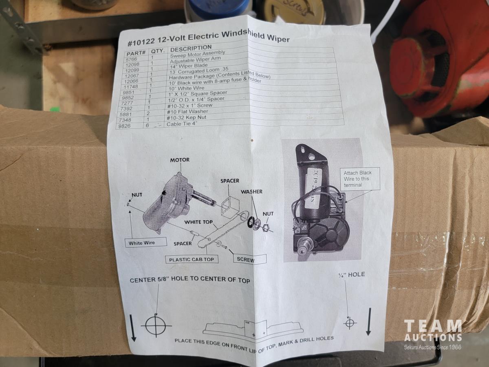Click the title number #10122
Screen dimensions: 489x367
click(x=141, y=42)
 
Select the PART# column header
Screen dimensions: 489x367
click(x=136, y=53)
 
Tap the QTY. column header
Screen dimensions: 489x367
click(x=158, y=51)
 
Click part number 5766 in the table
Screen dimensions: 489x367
click(x=132, y=59)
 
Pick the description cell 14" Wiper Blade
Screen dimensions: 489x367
click(x=189, y=66)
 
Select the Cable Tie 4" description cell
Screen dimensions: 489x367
click(x=182, y=124)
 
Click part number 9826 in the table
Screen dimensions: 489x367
click(x=125, y=126)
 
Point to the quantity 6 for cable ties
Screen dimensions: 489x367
click(x=147, y=126)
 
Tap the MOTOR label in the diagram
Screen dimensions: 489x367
click(x=180, y=160)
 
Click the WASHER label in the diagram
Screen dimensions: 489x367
click(x=251, y=191)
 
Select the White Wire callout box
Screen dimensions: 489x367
click(x=146, y=242)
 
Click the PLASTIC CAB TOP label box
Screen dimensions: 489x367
click(x=192, y=259)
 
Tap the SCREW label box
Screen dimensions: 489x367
click(x=250, y=259)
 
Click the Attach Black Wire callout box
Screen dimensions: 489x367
click(x=360, y=179)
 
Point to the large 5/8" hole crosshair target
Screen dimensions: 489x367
click(x=156, y=326)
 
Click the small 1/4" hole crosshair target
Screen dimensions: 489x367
click(x=350, y=323)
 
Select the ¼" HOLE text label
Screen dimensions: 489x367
click(x=352, y=274)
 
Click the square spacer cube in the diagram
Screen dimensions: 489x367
click(x=230, y=207)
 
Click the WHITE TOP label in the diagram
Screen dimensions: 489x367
click(x=198, y=222)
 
